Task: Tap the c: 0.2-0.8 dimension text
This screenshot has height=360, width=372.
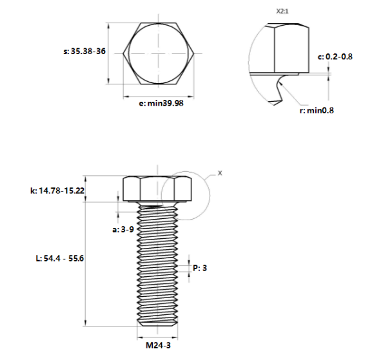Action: pos(335,57)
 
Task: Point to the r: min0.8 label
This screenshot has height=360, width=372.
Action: pos(317,110)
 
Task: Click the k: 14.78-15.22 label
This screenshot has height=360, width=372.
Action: pos(57,191)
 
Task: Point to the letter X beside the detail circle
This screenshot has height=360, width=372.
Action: pos(219,173)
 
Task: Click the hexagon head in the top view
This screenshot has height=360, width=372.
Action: pos(157,53)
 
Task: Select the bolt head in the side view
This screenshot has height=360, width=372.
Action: pos(157,189)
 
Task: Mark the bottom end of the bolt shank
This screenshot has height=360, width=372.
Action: pos(157,325)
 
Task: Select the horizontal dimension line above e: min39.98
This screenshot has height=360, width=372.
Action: pos(157,95)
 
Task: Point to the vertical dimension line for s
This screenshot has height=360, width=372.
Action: pos(109,53)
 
